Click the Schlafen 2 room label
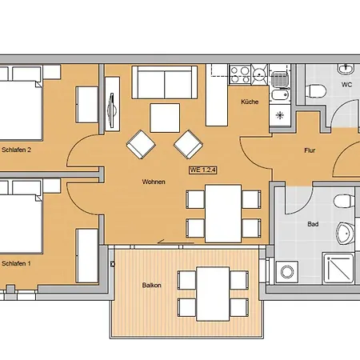tap(16, 150)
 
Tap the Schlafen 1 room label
tap(16, 263)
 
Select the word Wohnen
tap(154, 182)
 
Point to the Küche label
tap(250, 102)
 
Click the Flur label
tap(310, 150)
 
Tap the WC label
tap(346, 85)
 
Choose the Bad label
tap(313, 224)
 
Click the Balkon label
tap(151, 286)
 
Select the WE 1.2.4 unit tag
tap(203, 170)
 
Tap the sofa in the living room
tap(165, 82)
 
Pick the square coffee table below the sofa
tap(165, 118)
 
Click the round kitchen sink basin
tap(258, 73)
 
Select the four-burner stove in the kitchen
tap(240, 74)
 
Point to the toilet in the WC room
tap(316, 91)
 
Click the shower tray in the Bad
tap(338, 269)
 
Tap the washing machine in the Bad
tap(287, 272)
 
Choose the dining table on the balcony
tap(213, 294)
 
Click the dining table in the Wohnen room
tap(223, 214)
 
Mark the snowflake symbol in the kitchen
tap(280, 115)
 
